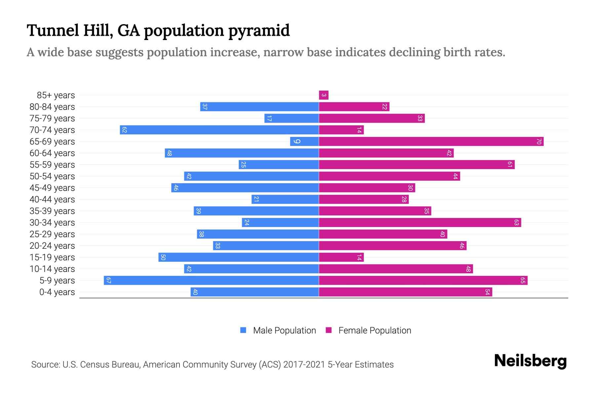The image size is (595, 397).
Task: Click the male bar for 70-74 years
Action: point(219,130)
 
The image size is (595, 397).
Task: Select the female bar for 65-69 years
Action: point(431,142)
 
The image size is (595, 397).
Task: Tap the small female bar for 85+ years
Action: point(324,95)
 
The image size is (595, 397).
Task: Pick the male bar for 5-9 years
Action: point(212,281)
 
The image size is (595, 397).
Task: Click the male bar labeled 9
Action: point(304,142)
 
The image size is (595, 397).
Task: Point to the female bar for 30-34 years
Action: point(420,223)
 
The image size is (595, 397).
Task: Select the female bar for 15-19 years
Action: point(341,257)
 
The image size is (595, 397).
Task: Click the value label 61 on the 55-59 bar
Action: point(510,165)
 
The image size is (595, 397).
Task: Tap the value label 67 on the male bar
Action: point(108,281)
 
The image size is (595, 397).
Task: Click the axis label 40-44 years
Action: point(52,199)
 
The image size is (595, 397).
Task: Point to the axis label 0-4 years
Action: point(57,292)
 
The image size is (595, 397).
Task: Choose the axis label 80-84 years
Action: point(52,107)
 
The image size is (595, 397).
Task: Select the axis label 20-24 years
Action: point(52,246)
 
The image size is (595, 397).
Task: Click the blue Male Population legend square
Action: point(243,330)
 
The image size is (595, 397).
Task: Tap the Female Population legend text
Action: point(375,331)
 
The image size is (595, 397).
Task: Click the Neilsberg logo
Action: point(530,361)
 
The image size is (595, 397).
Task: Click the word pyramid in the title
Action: point(259,30)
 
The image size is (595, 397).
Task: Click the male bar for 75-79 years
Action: point(292,118)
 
